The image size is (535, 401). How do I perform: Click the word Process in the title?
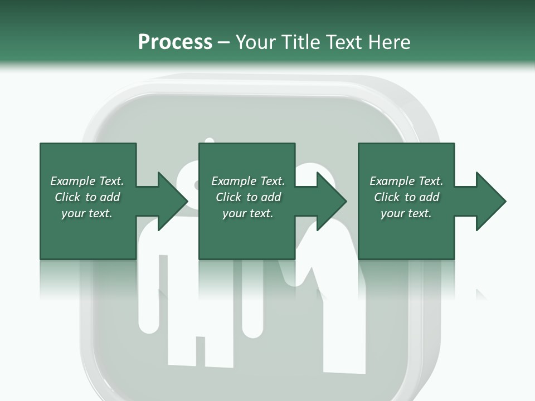(175, 42)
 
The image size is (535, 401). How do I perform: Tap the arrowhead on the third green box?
(487, 201)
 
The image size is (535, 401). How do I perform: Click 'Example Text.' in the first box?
(87, 181)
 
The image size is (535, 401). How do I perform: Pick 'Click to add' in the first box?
(87, 197)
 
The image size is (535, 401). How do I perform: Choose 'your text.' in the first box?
(87, 213)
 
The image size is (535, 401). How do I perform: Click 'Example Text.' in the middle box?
(248, 181)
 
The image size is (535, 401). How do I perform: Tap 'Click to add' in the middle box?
(248, 197)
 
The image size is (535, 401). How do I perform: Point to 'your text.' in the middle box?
(248, 213)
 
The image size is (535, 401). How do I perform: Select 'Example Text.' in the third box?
(406, 181)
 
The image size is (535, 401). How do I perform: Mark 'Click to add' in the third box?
(406, 197)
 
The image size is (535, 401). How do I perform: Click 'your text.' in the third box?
(406, 213)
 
